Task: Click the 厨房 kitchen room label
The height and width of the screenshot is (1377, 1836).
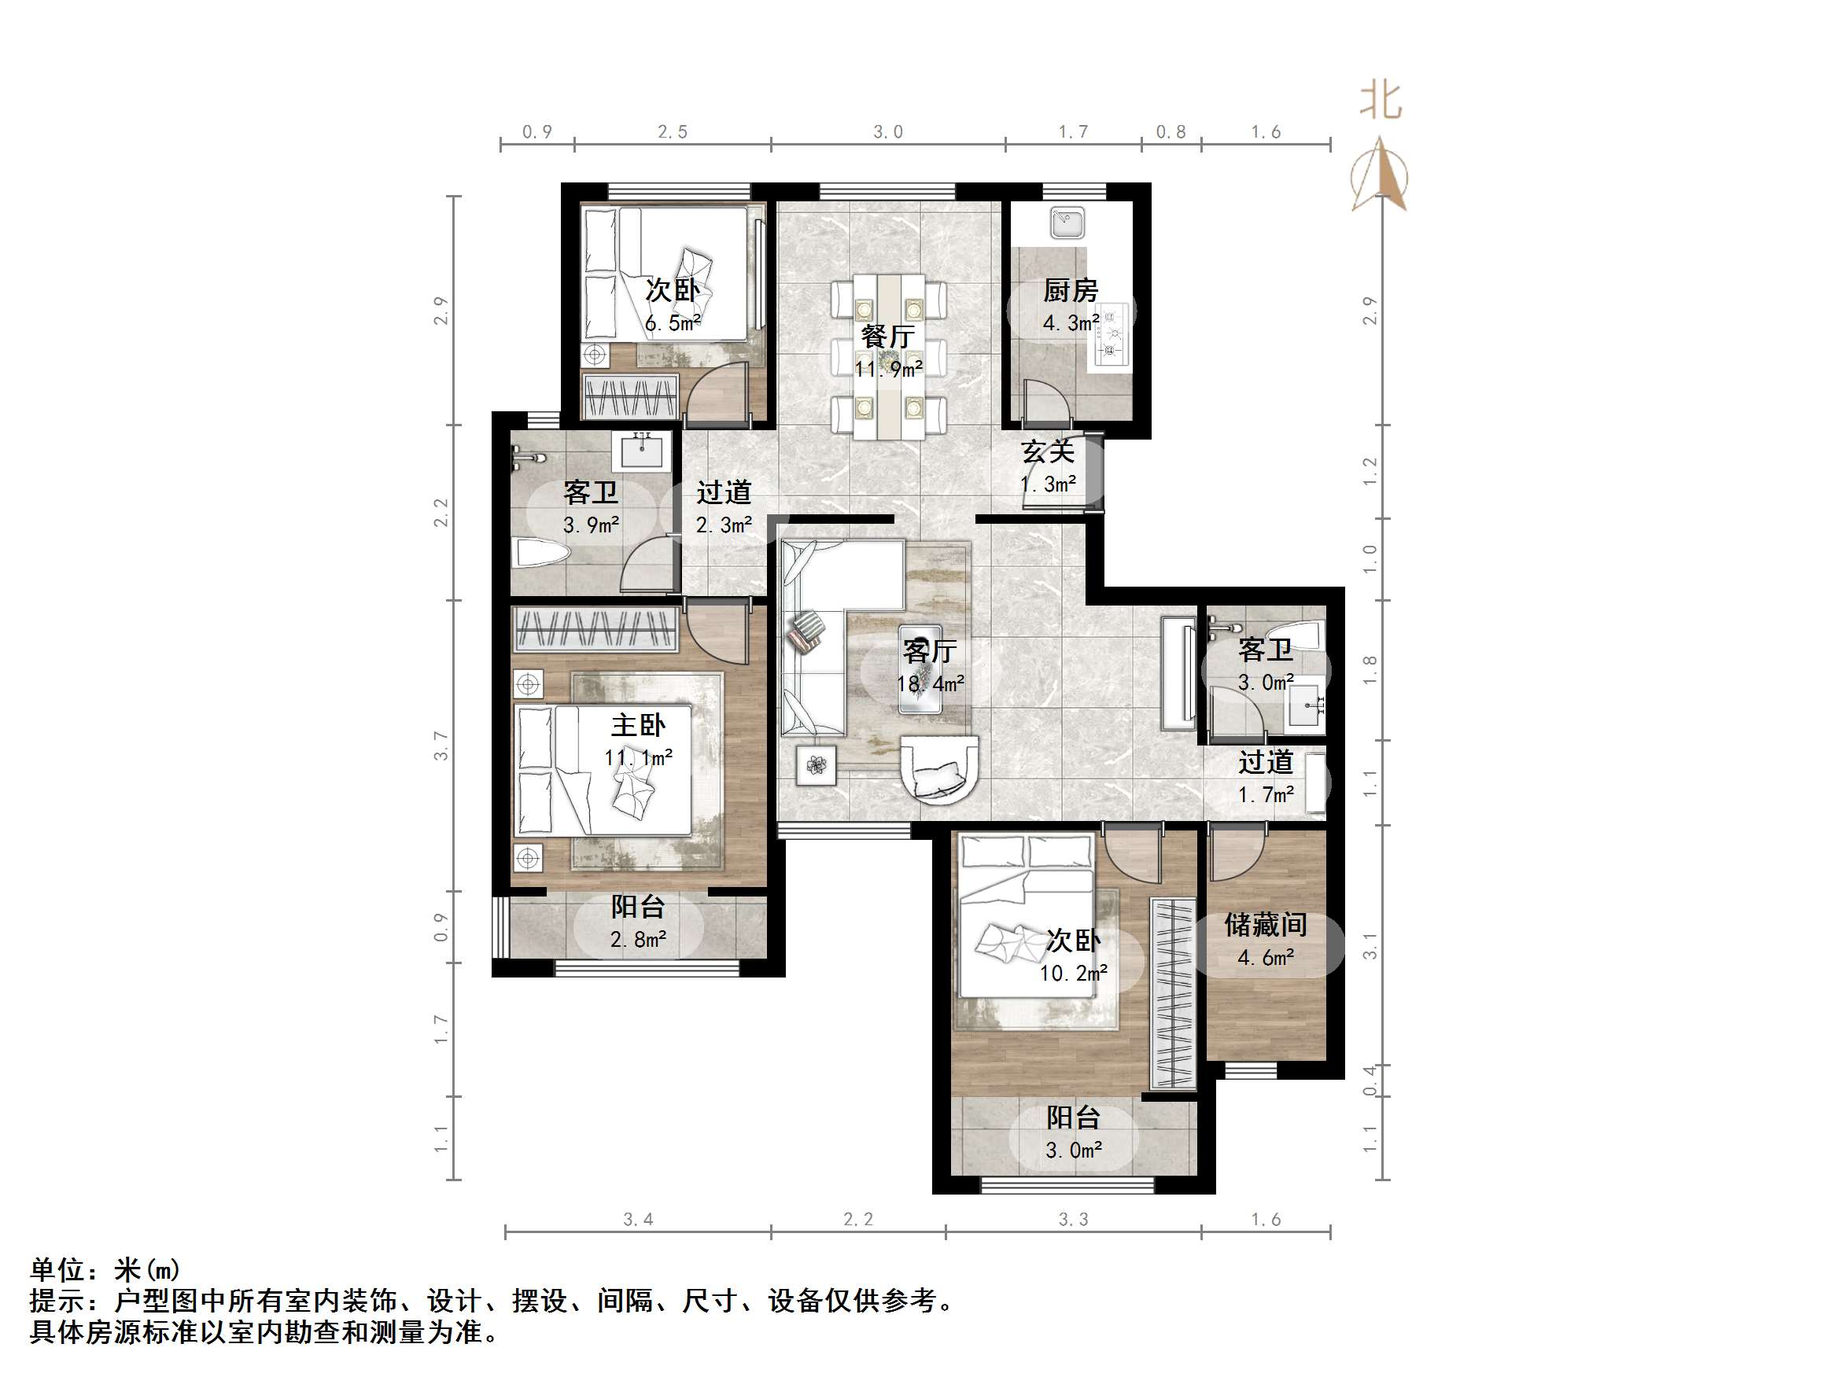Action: point(1070,290)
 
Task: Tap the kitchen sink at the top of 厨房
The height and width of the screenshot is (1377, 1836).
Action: point(1067,223)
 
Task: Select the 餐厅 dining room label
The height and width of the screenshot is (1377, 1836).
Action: point(887,336)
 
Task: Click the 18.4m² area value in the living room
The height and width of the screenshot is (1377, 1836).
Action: point(930,684)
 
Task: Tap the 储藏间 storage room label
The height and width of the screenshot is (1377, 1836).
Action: point(1265,925)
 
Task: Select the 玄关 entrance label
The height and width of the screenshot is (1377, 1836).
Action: point(1048,451)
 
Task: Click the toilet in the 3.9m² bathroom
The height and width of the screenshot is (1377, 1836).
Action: point(540,554)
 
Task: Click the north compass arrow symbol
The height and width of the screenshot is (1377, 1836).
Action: point(1379,176)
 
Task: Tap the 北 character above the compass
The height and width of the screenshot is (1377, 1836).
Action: point(1381,101)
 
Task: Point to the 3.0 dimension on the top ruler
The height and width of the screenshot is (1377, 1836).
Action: point(887,132)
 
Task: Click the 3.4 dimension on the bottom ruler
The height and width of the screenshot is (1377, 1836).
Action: point(637,1219)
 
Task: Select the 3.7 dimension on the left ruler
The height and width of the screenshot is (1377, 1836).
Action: point(441,746)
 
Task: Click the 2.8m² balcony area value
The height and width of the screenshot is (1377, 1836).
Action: point(637,940)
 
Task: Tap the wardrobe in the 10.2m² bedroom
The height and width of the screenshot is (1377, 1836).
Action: point(1173,993)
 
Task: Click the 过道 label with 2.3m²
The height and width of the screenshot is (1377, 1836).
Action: point(723,492)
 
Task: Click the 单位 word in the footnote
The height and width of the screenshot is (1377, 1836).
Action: point(58,1270)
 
